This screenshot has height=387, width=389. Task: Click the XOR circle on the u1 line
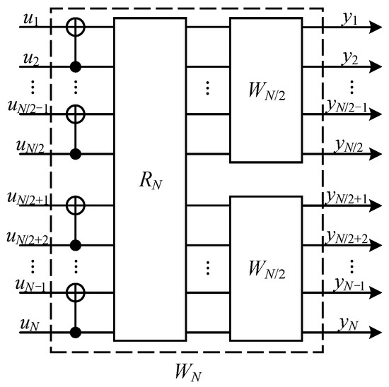point(74,28)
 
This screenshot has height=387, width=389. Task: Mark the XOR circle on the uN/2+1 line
point(74,206)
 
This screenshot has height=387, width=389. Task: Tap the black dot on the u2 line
point(74,67)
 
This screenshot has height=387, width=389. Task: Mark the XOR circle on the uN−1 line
point(74,292)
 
